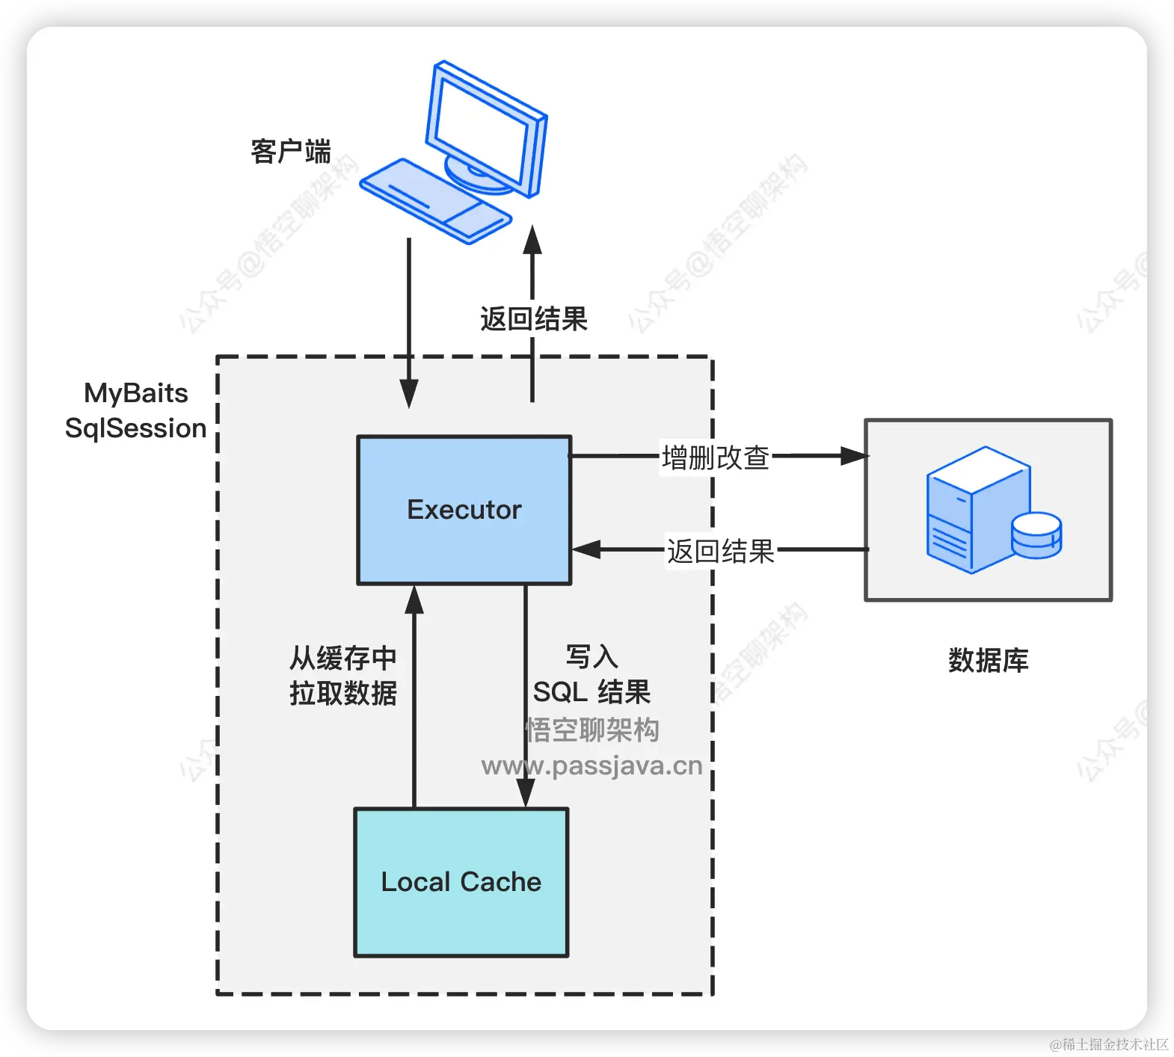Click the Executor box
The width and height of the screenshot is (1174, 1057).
tap(464, 510)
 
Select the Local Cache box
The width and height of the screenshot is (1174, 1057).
tap(461, 882)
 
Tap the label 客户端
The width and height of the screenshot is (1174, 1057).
tap(291, 152)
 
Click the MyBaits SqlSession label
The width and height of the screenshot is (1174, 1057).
tap(135, 410)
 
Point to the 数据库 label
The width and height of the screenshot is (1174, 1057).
tap(988, 661)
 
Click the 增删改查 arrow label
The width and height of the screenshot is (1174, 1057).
tap(716, 457)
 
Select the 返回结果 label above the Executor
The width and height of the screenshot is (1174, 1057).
tap(533, 319)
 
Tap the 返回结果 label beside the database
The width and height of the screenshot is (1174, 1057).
tap(720, 552)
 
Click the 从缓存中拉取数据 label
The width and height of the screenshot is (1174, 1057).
tap(342, 676)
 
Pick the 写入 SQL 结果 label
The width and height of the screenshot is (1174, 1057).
tap(591, 675)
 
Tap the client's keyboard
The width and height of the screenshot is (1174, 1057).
tap(435, 200)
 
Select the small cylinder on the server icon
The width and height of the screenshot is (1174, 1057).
tap(1036, 534)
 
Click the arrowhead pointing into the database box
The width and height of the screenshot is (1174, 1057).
tap(854, 456)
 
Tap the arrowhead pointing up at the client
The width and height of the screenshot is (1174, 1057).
tap(532, 240)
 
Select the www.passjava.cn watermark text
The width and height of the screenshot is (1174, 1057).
tap(591, 766)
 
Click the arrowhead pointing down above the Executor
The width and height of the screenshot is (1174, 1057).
tap(409, 392)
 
